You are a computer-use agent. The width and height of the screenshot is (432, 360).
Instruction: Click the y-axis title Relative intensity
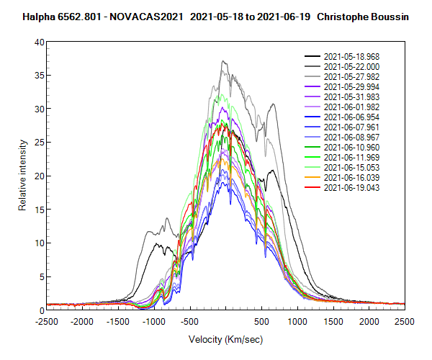coord(22,176)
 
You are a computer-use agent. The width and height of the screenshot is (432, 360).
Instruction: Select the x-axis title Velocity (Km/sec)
coord(225,338)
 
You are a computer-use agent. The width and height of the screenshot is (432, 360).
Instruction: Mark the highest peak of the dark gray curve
coord(224,61)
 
